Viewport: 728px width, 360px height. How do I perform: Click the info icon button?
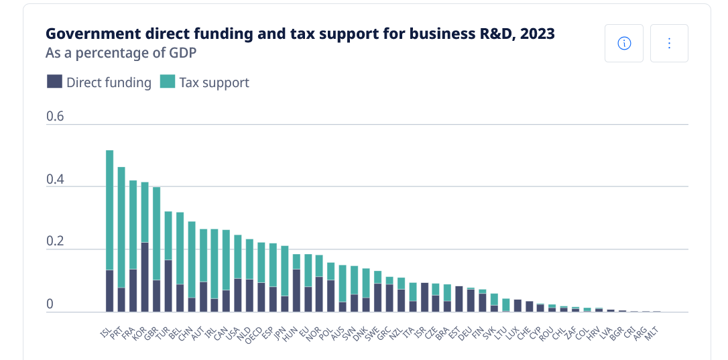pos(624,44)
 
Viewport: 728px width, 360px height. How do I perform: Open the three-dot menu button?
pos(669,44)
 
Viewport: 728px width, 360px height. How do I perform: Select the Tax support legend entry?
pos(204,82)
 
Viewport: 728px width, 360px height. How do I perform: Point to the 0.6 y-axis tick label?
pos(55,116)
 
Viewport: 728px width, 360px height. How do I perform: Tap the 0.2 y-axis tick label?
pos(55,241)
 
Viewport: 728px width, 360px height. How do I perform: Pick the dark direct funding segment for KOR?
pos(145,277)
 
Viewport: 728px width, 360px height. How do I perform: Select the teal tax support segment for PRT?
pos(121,227)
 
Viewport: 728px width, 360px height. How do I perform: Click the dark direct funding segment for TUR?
pos(168,286)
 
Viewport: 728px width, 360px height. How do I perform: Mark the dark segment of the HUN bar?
pos(296,290)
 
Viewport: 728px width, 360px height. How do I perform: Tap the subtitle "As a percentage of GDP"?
pos(121,52)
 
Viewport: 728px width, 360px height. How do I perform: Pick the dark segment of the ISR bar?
pos(424,298)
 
